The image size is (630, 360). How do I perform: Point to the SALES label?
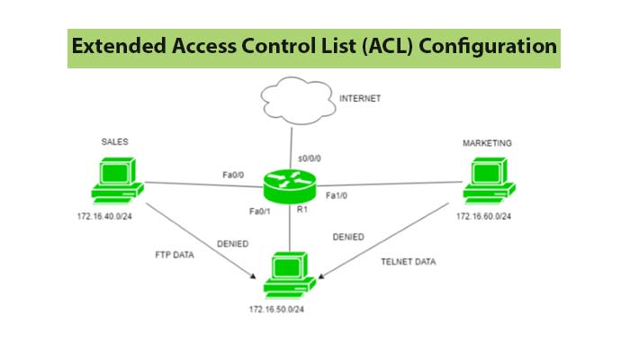pos(115,141)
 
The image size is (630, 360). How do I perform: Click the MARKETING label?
pos(487,143)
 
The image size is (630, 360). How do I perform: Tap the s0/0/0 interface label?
pos(310,159)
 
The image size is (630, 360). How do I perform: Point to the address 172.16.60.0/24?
pos(488,217)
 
